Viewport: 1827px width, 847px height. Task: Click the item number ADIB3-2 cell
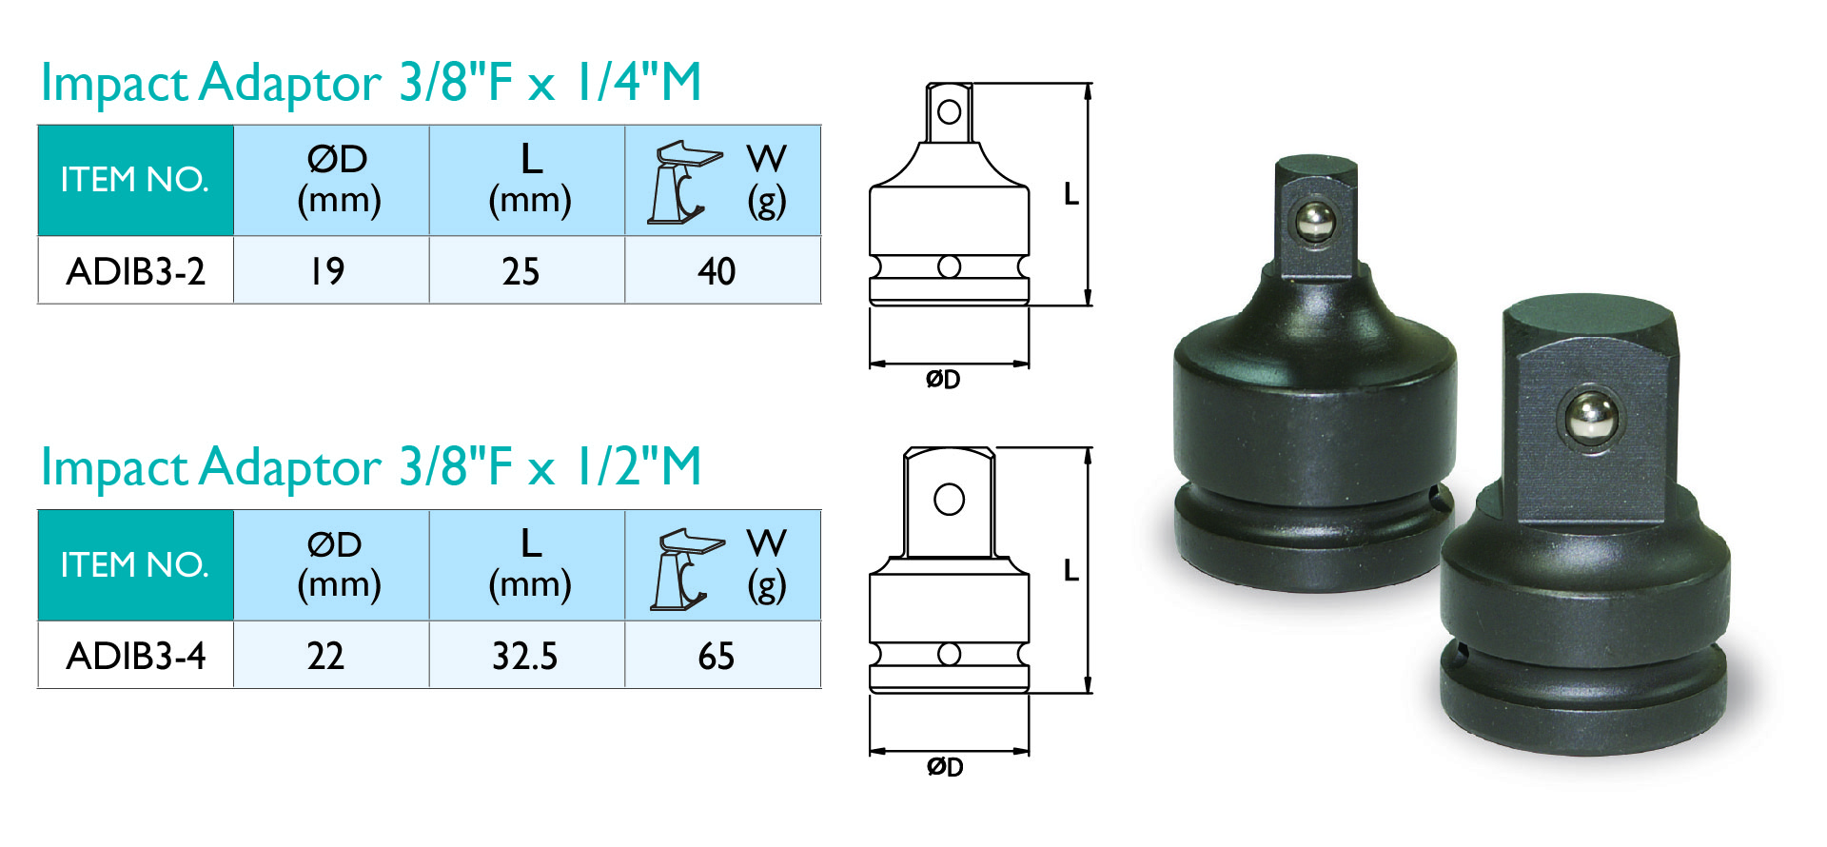tap(136, 271)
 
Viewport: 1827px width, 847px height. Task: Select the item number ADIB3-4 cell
tap(136, 656)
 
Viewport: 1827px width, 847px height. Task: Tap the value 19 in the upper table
tap(327, 271)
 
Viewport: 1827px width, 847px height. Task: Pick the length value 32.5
tap(524, 656)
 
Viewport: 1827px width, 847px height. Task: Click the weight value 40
tap(717, 271)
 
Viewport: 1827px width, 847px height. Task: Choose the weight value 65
tap(717, 656)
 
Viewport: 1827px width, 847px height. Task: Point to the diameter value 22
tap(325, 656)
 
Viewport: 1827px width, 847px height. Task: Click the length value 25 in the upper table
tap(521, 271)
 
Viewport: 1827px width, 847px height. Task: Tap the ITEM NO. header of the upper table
tap(135, 180)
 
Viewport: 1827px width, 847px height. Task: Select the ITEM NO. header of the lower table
tap(135, 565)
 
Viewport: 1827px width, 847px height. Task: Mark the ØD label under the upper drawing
tap(943, 380)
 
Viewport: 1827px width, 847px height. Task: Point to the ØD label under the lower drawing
tap(945, 767)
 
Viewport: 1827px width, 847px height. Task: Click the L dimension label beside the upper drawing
tap(1071, 195)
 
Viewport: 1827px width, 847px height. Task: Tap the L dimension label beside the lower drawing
tap(1071, 571)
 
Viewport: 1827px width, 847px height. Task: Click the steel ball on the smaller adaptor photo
tap(1316, 223)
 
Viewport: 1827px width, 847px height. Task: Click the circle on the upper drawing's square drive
tap(949, 112)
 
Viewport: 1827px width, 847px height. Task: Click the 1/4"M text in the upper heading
tap(638, 82)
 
